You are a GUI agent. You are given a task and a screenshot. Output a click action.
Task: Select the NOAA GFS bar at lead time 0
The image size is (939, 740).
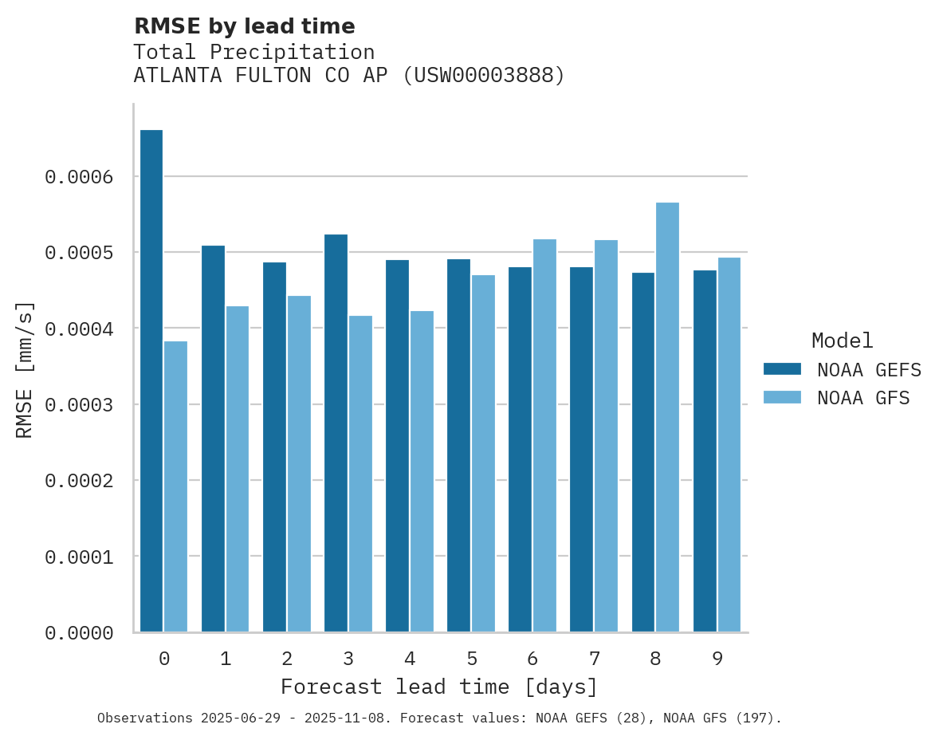point(175,486)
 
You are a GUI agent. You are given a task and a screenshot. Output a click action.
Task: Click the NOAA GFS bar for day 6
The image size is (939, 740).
point(544,435)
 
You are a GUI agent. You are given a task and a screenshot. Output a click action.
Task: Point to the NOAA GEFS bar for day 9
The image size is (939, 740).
point(705,451)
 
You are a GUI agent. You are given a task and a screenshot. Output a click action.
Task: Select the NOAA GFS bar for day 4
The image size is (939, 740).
point(422,471)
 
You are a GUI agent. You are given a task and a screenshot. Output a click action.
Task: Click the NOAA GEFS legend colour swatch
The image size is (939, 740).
point(782,368)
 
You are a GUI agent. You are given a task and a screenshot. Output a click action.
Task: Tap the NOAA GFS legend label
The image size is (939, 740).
point(863,397)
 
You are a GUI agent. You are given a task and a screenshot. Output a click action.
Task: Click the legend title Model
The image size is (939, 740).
point(842,340)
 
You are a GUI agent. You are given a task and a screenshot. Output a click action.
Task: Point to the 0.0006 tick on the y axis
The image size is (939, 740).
point(78,176)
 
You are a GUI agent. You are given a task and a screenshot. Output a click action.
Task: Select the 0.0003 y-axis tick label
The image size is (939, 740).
point(78,404)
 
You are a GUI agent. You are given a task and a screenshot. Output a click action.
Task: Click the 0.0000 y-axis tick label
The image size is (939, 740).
point(78,632)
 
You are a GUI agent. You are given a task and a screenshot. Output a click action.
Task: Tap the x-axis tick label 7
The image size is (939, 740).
point(594,659)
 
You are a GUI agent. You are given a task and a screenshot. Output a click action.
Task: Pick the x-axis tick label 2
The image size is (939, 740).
point(286,659)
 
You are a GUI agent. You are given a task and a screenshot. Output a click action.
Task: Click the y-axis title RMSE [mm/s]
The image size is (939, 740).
point(25,369)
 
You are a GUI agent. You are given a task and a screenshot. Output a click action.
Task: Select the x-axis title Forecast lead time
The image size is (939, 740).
point(438,687)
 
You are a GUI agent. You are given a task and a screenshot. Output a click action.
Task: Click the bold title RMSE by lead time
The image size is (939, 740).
point(244,26)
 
